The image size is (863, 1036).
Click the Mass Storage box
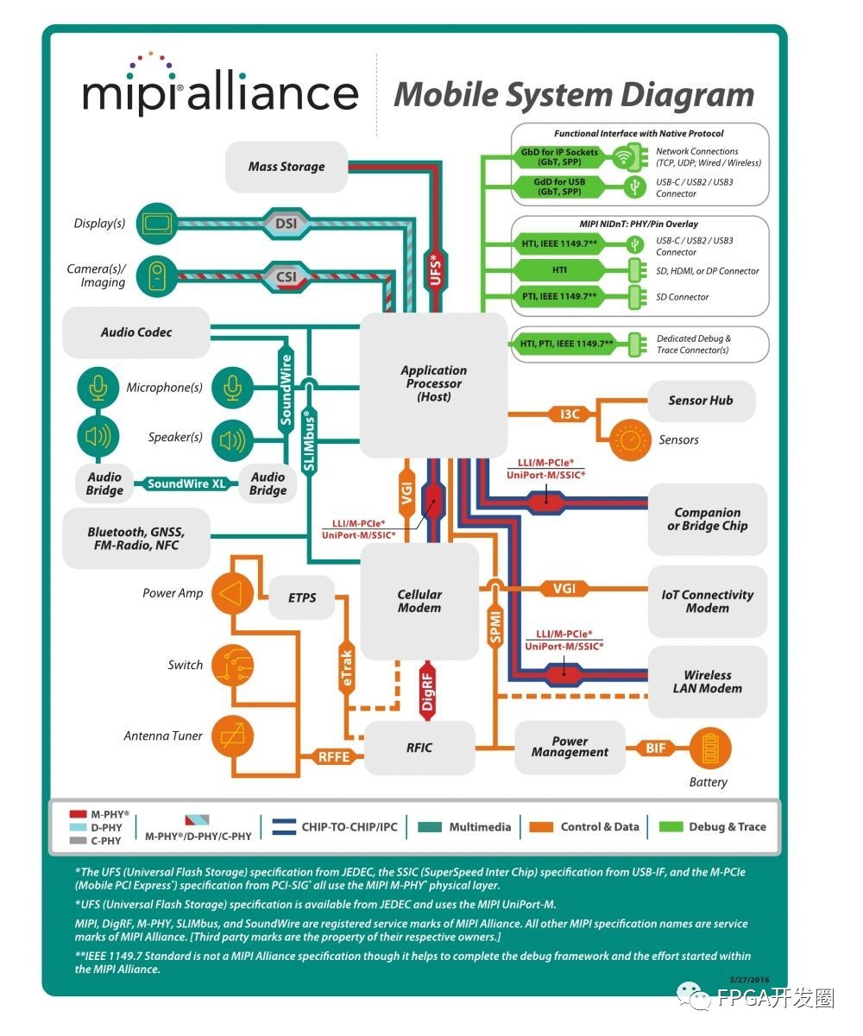point(287,167)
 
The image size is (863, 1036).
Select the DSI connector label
point(286,224)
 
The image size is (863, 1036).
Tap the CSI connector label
point(286,277)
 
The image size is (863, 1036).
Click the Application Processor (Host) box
point(433,384)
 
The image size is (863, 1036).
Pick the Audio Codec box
point(136,332)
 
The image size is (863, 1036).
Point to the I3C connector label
point(570,414)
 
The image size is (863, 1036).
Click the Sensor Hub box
point(701,401)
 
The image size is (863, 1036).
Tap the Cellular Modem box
point(419,601)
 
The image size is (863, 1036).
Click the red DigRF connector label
point(428,688)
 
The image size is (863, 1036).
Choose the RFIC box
point(419,748)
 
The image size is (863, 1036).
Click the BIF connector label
point(656,748)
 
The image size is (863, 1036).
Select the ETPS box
point(302,597)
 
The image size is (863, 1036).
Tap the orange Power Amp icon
point(231,594)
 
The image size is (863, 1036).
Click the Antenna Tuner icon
point(232,736)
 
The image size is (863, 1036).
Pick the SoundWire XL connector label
point(186,484)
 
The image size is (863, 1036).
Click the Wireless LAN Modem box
point(708,682)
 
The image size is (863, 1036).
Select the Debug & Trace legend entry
point(713,827)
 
